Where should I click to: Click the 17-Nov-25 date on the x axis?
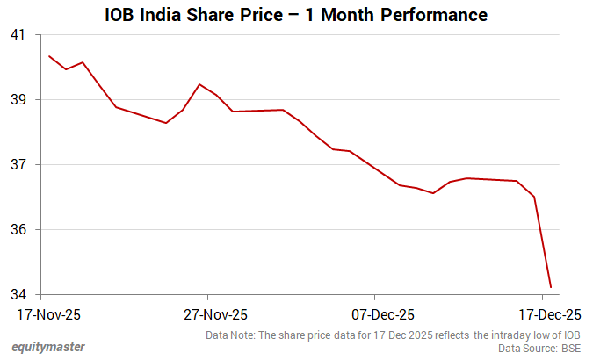[49, 314]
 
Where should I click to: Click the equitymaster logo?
[48, 347]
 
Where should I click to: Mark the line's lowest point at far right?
[551, 287]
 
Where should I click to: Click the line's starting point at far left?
[49, 56]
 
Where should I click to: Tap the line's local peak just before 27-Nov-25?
[200, 84]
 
